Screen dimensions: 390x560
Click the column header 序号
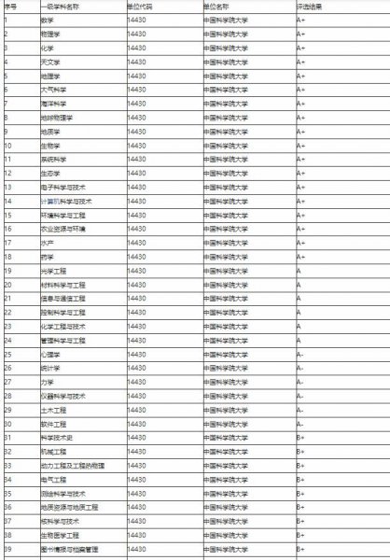click(9, 6)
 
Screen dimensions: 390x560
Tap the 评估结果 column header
click(311, 6)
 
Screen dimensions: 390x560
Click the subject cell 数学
click(47, 19)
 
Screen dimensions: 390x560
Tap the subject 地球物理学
click(57, 118)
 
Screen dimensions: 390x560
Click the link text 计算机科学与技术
click(66, 201)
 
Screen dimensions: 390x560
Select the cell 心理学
click(50, 354)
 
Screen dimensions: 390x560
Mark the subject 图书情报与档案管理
click(69, 549)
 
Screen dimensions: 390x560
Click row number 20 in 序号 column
click(7, 285)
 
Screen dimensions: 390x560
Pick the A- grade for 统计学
click(300, 368)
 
